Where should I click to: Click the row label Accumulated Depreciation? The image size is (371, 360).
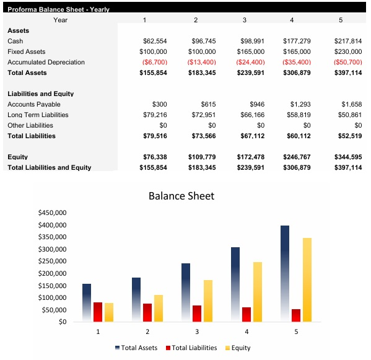[46, 62]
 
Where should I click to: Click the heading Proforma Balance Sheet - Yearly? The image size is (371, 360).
[58, 9]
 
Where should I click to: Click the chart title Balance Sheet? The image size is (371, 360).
[181, 196]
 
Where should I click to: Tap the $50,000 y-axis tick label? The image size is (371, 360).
[54, 310]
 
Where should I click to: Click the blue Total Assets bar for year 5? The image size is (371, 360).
[284, 273]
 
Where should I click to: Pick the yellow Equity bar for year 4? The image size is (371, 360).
[257, 291]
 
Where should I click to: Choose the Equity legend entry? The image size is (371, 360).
[240, 348]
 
